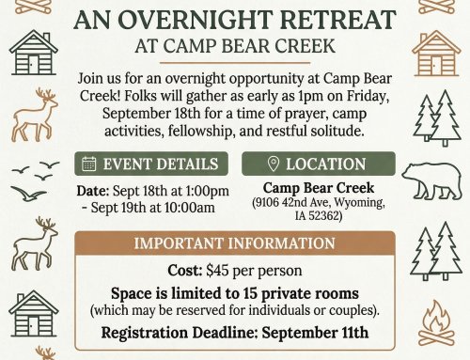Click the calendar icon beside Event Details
click(89, 164)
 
